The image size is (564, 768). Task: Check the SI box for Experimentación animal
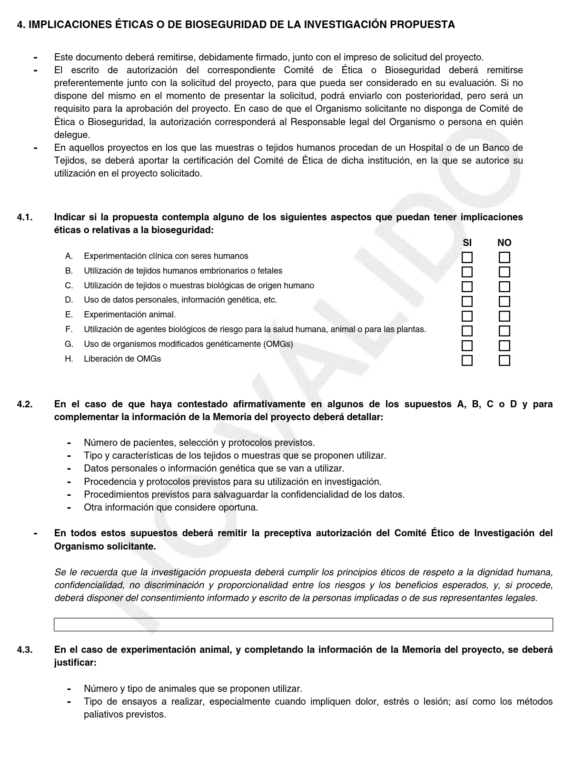pos(467,316)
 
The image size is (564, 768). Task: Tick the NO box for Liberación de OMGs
pos(504,360)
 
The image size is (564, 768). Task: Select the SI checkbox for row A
pos(467,257)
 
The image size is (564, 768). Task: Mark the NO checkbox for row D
pos(504,301)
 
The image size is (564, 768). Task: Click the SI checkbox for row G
pos(467,345)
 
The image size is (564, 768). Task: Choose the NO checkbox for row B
pos(504,272)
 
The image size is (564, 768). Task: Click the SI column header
pos(467,243)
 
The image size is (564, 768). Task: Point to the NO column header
pos(504,243)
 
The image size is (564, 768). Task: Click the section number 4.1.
pos(25,217)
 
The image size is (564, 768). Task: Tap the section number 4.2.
pos(25,404)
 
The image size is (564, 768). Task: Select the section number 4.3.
pos(25,650)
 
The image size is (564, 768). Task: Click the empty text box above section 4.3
pos(303,624)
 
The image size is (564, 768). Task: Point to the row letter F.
pos(69,329)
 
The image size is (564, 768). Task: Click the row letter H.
pos(69,359)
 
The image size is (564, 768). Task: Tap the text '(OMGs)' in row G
pos(277,344)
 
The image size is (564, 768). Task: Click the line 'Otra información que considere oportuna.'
pos(171,507)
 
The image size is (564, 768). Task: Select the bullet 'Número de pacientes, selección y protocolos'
pos(199,443)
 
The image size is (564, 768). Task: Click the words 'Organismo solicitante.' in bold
pos(105,546)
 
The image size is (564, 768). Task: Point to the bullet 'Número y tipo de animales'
pos(193,689)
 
